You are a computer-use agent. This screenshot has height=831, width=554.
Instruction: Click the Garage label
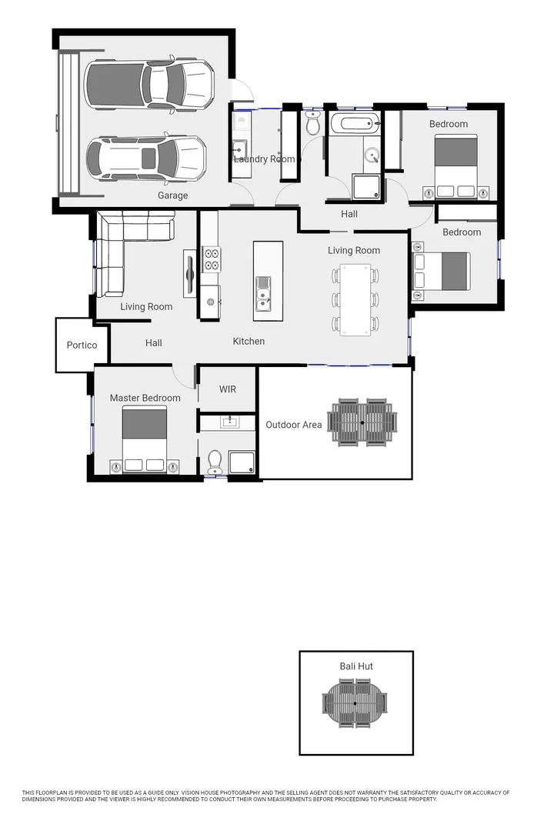click(x=172, y=195)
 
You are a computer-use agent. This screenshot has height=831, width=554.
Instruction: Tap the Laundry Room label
click(x=264, y=159)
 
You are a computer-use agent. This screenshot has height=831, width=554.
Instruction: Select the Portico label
click(x=82, y=345)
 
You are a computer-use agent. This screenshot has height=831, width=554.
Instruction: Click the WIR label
click(x=228, y=389)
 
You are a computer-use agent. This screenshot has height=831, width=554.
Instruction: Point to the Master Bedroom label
click(x=145, y=398)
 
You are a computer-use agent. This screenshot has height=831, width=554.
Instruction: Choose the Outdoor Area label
click(x=293, y=425)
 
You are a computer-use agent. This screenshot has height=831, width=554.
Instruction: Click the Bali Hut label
click(x=356, y=666)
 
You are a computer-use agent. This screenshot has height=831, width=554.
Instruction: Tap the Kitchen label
click(x=249, y=341)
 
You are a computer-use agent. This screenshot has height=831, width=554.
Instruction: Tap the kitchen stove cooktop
click(x=211, y=260)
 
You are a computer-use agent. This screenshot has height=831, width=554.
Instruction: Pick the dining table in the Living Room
click(x=355, y=299)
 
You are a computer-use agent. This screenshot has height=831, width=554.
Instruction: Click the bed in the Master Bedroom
click(x=145, y=441)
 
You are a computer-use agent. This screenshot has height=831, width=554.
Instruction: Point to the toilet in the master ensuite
click(x=214, y=461)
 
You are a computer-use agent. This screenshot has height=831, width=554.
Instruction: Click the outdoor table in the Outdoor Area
click(x=362, y=422)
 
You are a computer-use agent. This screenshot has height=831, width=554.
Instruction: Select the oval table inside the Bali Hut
click(x=355, y=703)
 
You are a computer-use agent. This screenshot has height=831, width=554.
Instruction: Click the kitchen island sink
click(x=264, y=293)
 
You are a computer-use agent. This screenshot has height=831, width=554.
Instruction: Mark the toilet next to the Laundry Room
click(x=312, y=125)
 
